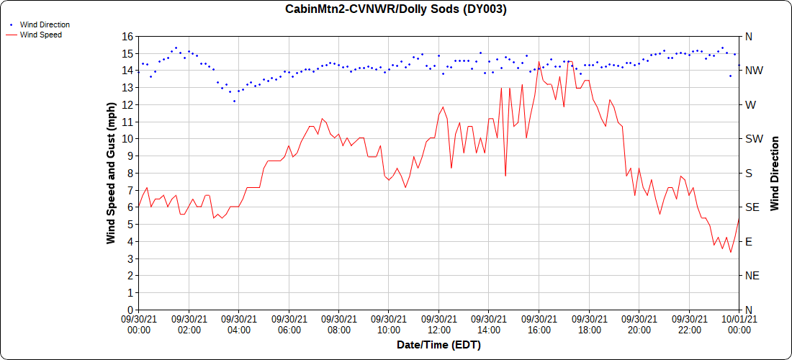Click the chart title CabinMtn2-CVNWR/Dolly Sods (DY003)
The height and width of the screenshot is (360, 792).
(x=395, y=9)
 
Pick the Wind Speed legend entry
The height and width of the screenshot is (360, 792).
(x=40, y=34)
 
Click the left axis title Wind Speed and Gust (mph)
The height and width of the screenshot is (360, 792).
(x=111, y=173)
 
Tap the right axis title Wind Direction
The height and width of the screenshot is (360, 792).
(x=775, y=173)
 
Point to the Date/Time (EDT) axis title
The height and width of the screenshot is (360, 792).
(x=438, y=345)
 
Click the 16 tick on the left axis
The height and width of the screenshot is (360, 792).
(x=127, y=36)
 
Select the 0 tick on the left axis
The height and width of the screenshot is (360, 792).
(x=130, y=310)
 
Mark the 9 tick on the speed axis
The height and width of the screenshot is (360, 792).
(x=130, y=156)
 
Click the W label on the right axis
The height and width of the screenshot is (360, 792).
(x=750, y=104)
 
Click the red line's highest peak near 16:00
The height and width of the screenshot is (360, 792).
(x=539, y=62)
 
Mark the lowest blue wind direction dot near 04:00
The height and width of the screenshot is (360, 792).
(x=234, y=101)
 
